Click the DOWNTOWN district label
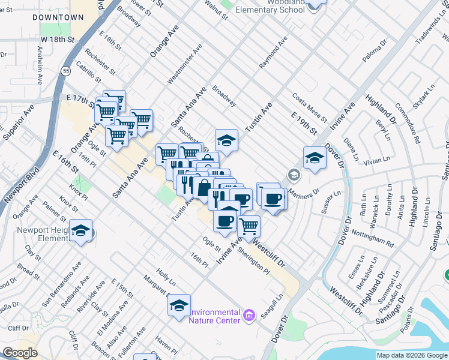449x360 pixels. click(58, 17)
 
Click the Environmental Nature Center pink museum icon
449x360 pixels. click(249, 314)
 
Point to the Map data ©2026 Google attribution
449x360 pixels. click(412, 355)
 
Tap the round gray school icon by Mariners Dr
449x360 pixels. click(294, 175)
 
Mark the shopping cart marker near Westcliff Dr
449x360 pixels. click(249, 226)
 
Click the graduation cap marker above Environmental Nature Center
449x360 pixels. click(179, 305)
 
